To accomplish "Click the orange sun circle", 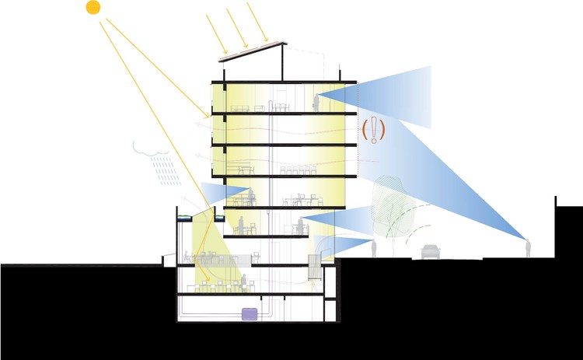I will [x=93, y=8].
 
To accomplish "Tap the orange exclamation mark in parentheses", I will [x=375, y=131].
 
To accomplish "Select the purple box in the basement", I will [x=250, y=314].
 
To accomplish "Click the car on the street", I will [x=430, y=251].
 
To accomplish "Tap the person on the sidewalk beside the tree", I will [x=374, y=249].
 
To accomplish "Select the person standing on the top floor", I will [x=316, y=100].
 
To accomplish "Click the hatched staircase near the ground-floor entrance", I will [x=315, y=269].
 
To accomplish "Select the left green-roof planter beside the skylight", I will [x=185, y=218].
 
